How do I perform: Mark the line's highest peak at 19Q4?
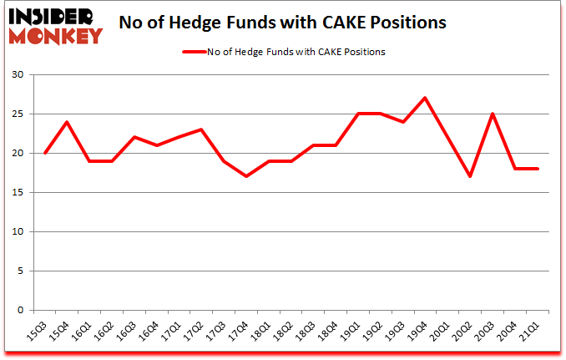click(425, 98)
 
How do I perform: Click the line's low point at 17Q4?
click(245, 176)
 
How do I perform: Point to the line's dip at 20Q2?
click(469, 176)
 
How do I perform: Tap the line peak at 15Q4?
click(67, 122)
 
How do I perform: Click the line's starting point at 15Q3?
click(44, 153)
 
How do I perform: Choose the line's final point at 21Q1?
click(537, 169)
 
